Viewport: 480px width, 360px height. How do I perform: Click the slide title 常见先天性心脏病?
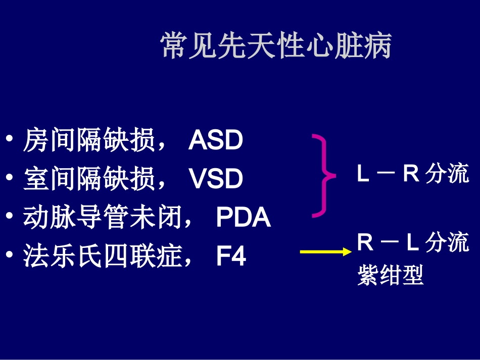pos(276,47)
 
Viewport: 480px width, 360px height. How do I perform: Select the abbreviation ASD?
pos(216,141)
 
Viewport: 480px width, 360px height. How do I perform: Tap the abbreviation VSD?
pos(216,179)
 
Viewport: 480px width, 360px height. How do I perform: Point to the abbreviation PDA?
pos(244,218)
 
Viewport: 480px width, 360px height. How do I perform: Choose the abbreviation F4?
pos(231,256)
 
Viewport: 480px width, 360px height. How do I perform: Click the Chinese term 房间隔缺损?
pos(89,141)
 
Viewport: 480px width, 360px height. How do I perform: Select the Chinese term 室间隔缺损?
pos(89,179)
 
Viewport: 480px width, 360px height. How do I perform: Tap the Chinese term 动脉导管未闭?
pos(103,218)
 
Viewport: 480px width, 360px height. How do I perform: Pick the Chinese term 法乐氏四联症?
pos(103,256)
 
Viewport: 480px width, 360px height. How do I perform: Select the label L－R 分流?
pos(413,174)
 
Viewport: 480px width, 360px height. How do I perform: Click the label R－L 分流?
pos(413,243)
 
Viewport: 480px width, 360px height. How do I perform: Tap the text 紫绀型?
pos(390,276)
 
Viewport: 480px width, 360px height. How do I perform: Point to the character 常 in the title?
pos(172,47)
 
